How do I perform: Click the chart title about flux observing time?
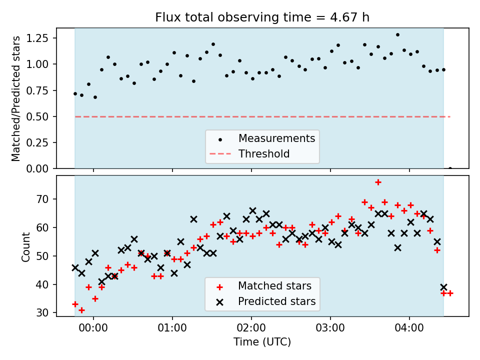click(262, 17)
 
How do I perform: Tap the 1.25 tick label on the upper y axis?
click(37, 38)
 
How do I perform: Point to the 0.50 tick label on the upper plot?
click(37, 116)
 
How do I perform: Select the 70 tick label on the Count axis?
click(42, 199)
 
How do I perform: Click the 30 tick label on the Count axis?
click(42, 313)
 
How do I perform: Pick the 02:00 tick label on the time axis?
click(251, 328)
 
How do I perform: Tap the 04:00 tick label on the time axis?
click(409, 328)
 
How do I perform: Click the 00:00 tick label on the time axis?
click(93, 328)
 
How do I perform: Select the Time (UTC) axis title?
click(262, 341)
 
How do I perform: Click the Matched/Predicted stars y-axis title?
click(15, 98)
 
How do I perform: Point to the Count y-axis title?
click(25, 246)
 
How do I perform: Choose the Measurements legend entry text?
click(276, 138)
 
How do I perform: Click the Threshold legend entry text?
click(264, 153)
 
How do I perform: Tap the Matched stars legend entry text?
click(274, 286)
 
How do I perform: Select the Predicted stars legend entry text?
click(276, 301)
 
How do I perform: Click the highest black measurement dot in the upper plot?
click(397, 35)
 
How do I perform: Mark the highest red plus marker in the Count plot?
click(378, 182)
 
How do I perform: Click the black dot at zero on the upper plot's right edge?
click(450, 168)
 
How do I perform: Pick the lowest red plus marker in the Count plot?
click(81, 310)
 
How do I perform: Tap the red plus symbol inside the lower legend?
click(219, 287)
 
